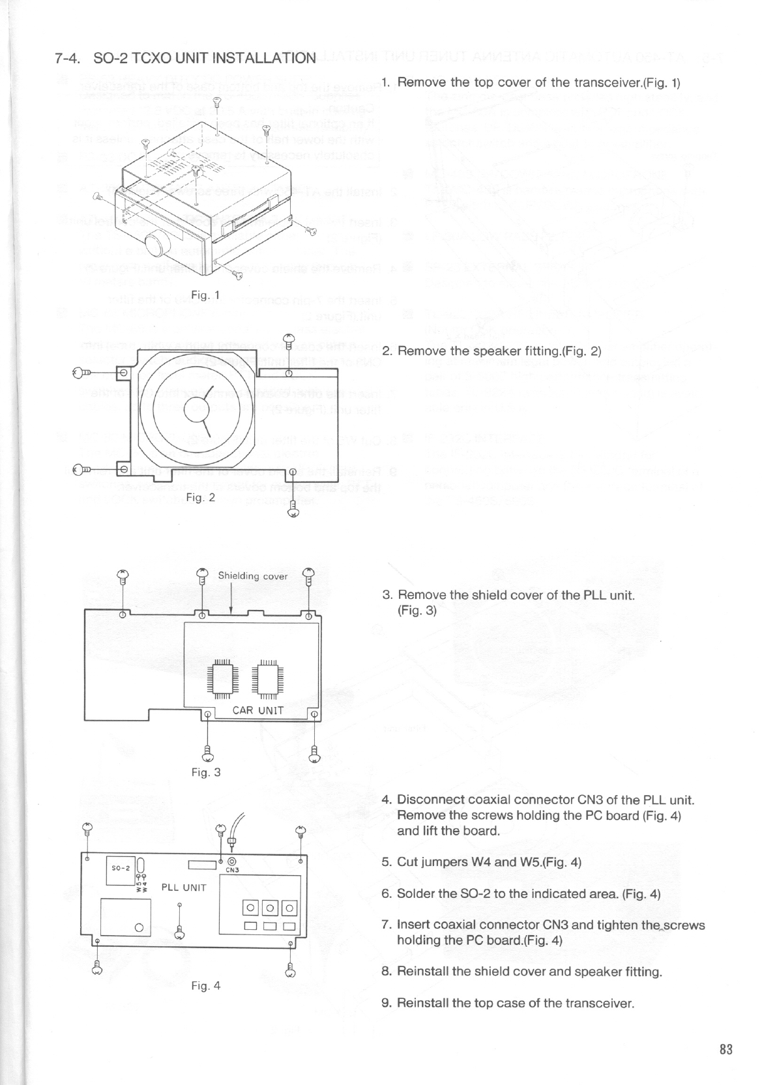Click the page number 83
point(726,1050)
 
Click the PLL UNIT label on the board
point(184,887)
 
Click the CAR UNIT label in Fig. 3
point(259,710)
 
